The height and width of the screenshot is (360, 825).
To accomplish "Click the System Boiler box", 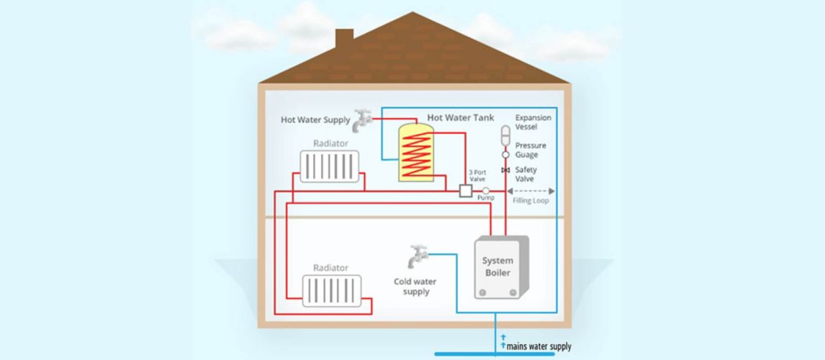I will click(498, 267).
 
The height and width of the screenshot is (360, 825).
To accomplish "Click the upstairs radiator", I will click(330, 166).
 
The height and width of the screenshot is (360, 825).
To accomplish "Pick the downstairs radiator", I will click(330, 291).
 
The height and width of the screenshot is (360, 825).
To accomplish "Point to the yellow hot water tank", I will click(416, 153).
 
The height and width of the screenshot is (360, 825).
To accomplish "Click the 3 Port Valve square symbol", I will click(465, 190).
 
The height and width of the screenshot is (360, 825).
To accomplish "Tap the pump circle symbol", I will click(486, 190).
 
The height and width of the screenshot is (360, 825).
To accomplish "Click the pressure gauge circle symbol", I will click(505, 154).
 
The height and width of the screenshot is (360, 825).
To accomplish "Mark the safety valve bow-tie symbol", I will click(505, 170).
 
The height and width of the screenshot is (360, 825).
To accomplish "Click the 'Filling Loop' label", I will click(531, 201).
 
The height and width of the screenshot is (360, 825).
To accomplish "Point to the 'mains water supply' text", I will click(538, 346).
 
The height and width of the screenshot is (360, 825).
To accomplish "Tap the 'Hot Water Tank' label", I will click(460, 117).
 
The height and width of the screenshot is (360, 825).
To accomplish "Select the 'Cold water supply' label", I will click(415, 287).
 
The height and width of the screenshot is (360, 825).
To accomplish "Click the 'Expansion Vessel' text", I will click(533, 122).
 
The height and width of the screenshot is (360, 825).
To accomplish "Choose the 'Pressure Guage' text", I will click(531, 150).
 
